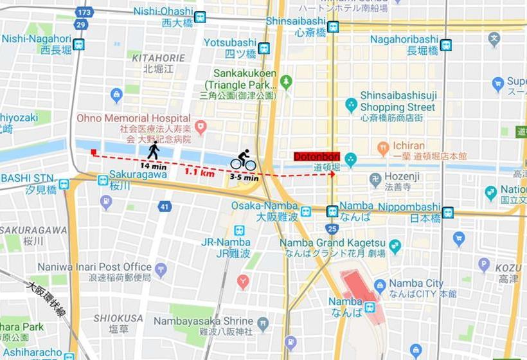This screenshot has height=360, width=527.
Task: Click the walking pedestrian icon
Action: [x=154, y=150]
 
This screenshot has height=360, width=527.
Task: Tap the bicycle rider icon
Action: [x=244, y=160]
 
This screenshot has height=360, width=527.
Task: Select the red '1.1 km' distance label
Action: [x=200, y=172]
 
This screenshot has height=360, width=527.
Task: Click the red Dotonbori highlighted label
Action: [x=316, y=156]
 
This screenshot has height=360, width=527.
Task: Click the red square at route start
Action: [x=94, y=152]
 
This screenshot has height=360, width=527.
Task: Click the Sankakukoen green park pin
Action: [x=286, y=81]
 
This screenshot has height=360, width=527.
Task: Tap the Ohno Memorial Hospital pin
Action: [x=201, y=126]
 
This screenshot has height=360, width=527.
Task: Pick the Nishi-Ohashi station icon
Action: [x=200, y=17]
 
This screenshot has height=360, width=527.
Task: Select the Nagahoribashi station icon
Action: [x=446, y=45]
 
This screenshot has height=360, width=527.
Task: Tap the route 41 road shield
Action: [x=165, y=206]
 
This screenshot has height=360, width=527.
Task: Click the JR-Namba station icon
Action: [x=239, y=230]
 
